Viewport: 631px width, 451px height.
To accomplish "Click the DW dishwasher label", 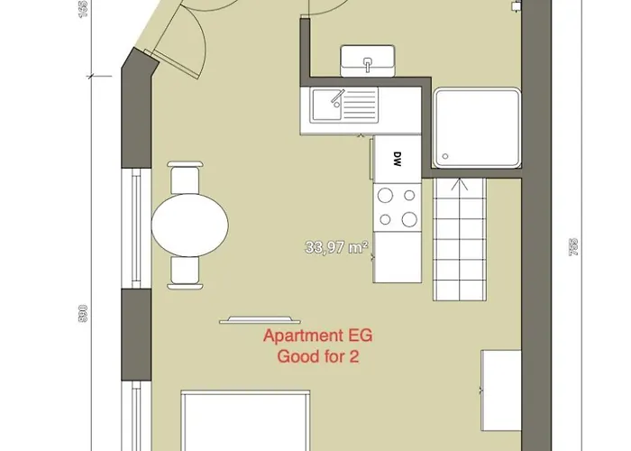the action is [x=398, y=159].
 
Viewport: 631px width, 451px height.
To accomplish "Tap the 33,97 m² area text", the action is [x=337, y=247].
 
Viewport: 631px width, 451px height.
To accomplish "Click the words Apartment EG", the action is [x=318, y=336].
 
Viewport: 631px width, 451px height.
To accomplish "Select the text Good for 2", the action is [x=318, y=356].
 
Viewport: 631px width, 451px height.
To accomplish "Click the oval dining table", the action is [x=190, y=225].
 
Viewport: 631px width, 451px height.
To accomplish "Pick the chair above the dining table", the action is [x=185, y=177].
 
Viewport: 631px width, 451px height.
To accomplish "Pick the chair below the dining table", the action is [x=185, y=273].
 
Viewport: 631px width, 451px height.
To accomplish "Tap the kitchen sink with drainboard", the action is [x=344, y=105].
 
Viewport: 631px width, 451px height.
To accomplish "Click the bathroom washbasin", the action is [x=368, y=60].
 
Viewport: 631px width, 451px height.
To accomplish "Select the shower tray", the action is [x=477, y=128].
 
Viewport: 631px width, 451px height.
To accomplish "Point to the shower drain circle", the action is [x=445, y=156].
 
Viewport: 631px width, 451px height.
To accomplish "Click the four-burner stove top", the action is [x=398, y=207].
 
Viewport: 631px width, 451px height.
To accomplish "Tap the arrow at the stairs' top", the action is [x=459, y=184].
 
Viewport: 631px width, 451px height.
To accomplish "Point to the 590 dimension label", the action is [x=83, y=313].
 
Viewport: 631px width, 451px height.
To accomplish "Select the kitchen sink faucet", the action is [x=337, y=97].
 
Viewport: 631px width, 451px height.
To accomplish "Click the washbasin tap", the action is [x=368, y=64].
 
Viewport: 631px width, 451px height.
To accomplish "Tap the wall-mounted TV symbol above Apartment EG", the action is [x=260, y=320].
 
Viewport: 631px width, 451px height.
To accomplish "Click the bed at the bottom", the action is [x=245, y=421].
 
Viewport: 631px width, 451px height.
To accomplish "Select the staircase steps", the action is [x=459, y=240].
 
